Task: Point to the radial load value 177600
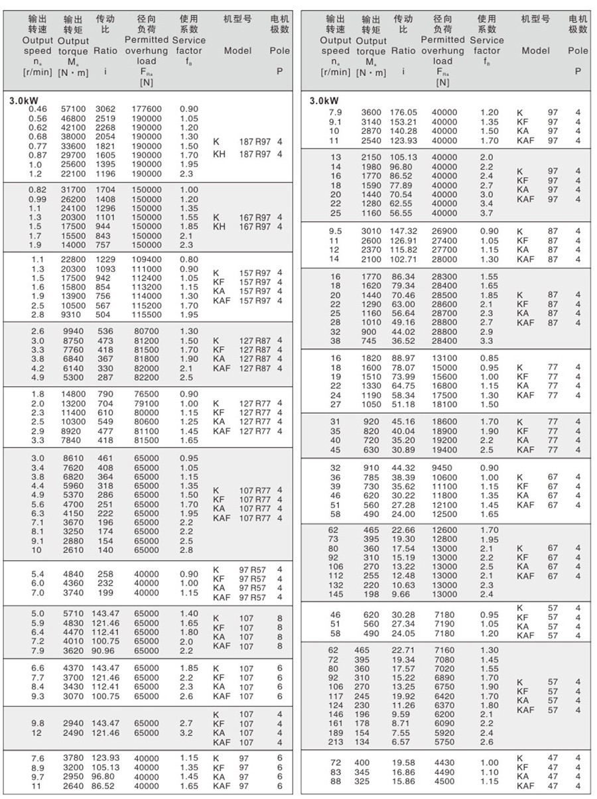pyautogui.click(x=147, y=109)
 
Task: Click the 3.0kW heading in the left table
pyautogui.click(x=23, y=100)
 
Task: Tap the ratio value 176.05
pyautogui.click(x=404, y=113)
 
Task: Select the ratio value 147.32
pyautogui.click(x=404, y=231)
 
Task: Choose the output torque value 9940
pyautogui.click(x=73, y=331)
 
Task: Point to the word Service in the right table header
pyautogui.click(x=486, y=40)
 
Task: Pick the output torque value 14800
pyautogui.click(x=73, y=394)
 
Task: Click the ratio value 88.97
pyautogui.click(x=404, y=358)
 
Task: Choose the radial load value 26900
pyautogui.click(x=444, y=231)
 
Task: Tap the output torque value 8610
pyautogui.click(x=73, y=458)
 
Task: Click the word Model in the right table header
pyautogui.click(x=535, y=50)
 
